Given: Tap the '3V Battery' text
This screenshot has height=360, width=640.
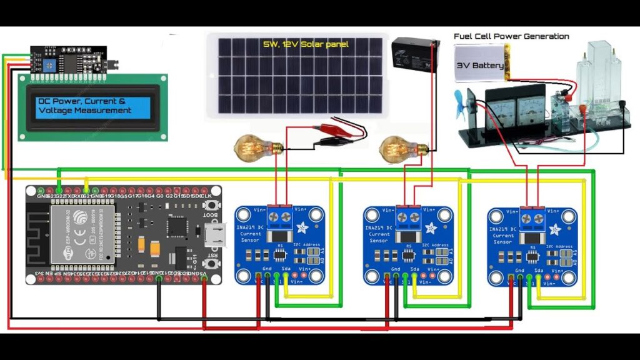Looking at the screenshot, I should coord(479,66).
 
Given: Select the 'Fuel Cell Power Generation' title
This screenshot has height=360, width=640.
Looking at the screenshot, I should coord(511,36).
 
